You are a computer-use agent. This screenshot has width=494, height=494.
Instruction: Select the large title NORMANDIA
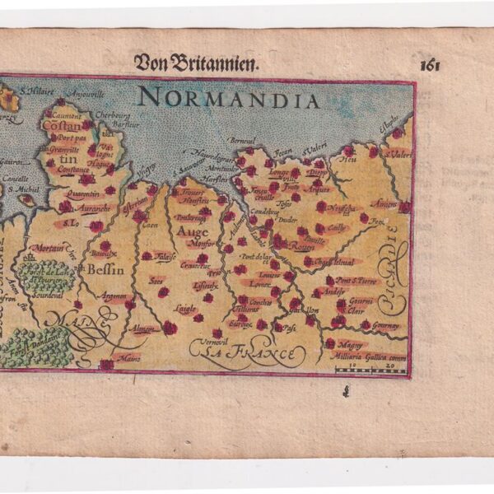pyautogui.click(x=229, y=100)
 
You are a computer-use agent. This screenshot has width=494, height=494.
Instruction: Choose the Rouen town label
pyautogui.click(x=304, y=245)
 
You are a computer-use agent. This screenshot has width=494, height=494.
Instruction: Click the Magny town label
pyautogui.click(x=349, y=344)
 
